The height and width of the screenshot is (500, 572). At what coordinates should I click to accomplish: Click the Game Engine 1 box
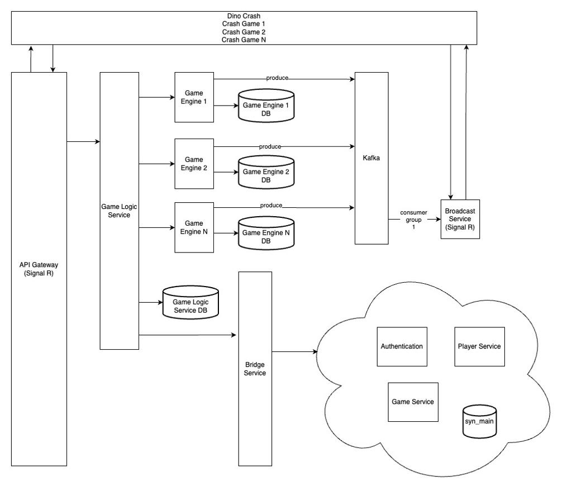[x=194, y=97]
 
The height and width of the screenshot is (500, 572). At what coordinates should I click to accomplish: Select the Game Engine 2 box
[x=194, y=164]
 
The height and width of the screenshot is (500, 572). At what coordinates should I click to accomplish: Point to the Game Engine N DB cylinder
[x=266, y=236]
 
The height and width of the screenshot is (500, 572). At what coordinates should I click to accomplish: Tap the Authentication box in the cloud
[x=401, y=346]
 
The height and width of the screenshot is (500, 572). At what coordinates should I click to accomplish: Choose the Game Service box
[x=413, y=402]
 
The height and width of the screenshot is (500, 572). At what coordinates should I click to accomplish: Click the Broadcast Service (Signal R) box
[x=460, y=219]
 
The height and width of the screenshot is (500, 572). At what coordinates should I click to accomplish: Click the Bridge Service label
[x=255, y=369]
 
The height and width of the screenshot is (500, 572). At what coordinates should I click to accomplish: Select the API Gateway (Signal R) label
[x=39, y=269]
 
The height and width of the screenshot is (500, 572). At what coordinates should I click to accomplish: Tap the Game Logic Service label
[x=119, y=210]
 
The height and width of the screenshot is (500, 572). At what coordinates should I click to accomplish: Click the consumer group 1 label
[x=413, y=220]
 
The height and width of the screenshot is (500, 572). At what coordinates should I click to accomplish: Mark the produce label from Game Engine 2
[x=270, y=146]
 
